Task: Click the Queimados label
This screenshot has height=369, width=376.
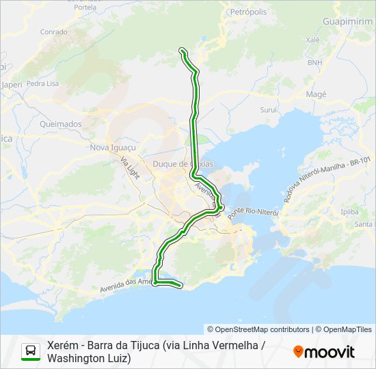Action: coord(61,124)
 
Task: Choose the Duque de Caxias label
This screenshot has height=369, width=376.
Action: coord(183,164)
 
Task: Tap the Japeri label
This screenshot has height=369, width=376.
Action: coord(12,85)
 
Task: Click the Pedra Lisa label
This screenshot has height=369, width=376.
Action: coord(42,83)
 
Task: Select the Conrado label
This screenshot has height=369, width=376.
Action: coord(54,31)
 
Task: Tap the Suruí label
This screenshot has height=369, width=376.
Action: coord(269,109)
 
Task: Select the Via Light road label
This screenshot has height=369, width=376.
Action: coord(130,167)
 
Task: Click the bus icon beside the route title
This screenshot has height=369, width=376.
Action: coord(31,351)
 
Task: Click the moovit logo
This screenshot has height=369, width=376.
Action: coord(324,352)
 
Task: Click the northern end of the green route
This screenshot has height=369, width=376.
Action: coord(182,50)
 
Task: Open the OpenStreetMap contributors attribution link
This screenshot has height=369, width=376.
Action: coord(258,329)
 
